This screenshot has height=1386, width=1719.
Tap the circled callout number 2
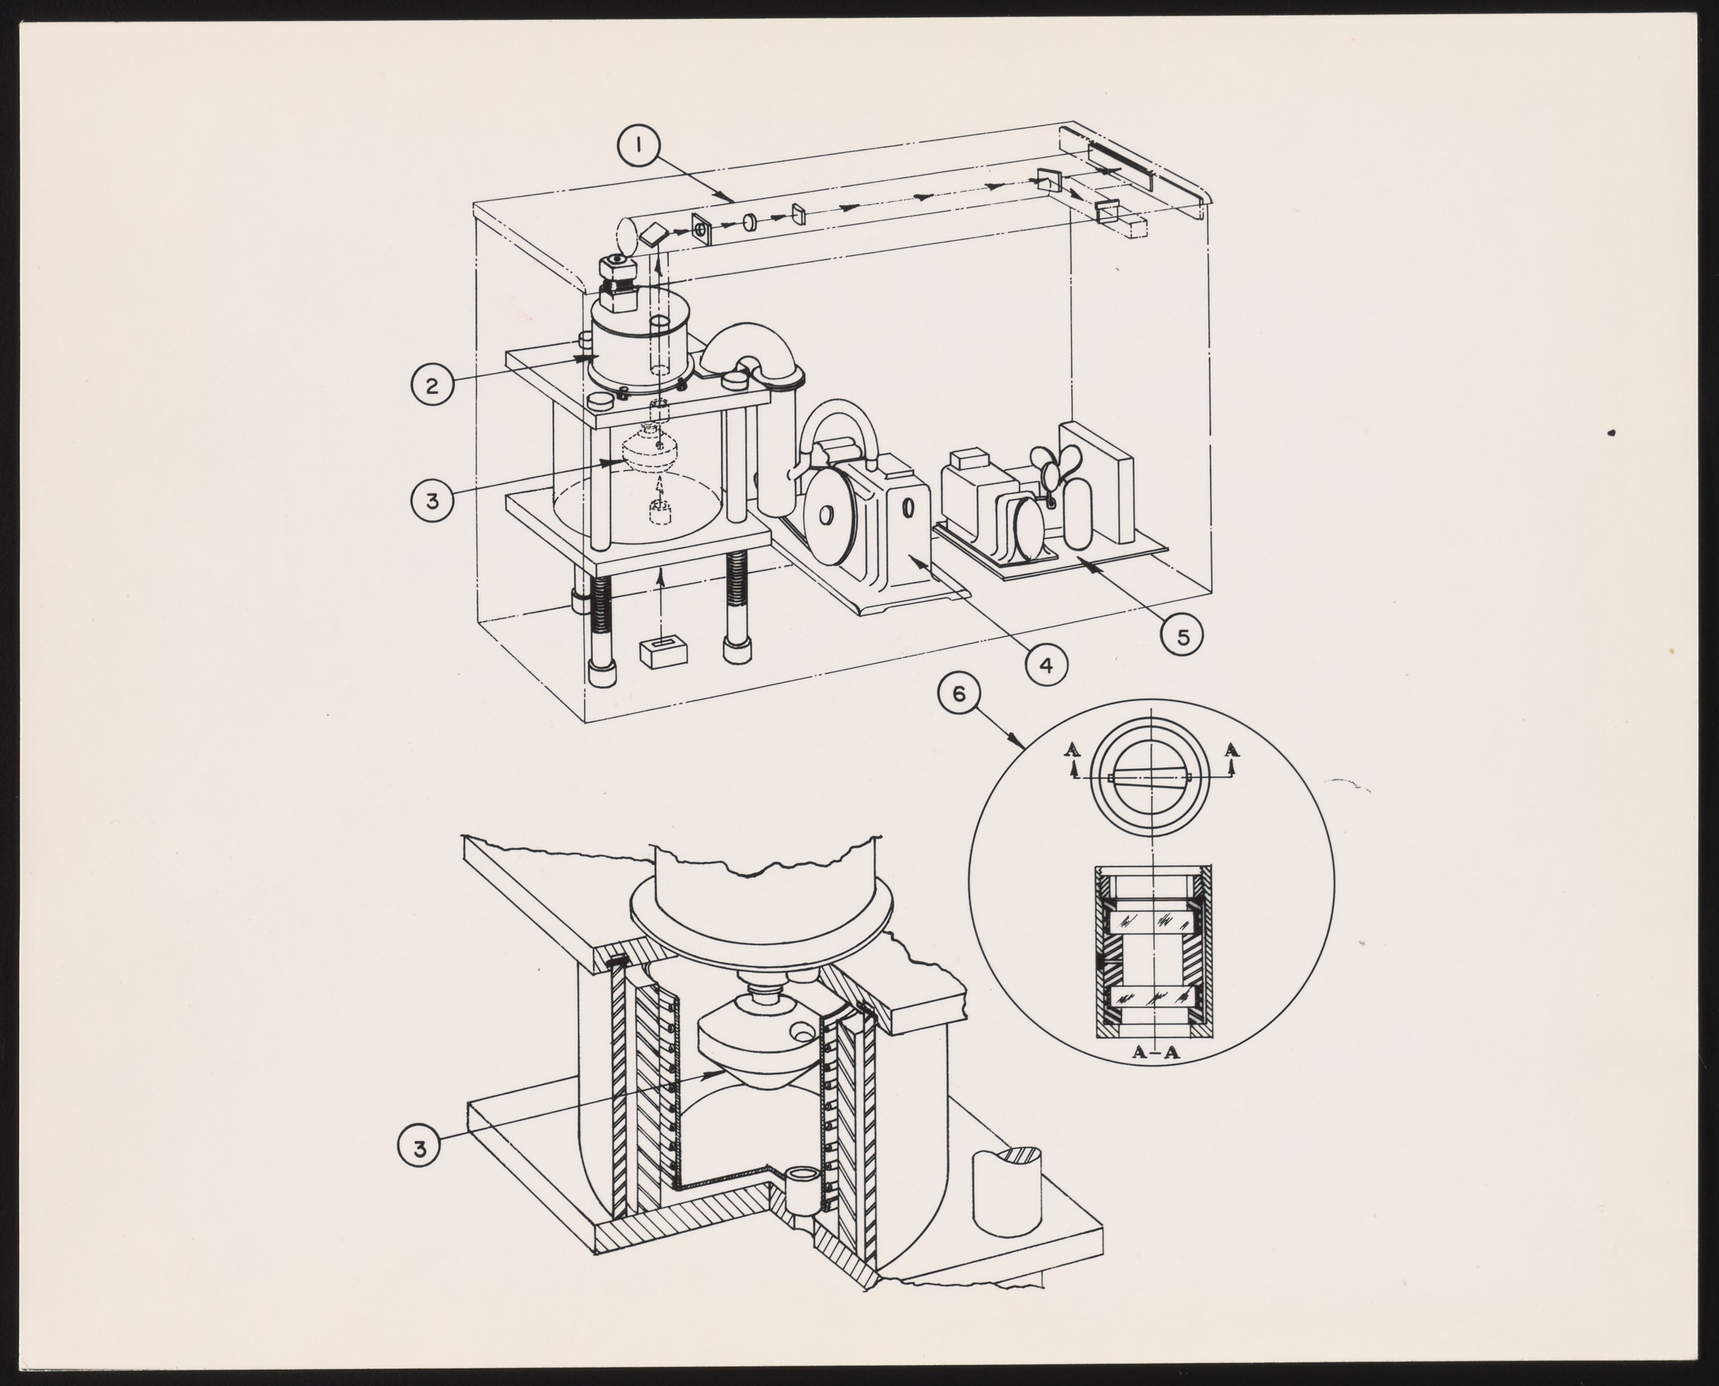(x=432, y=387)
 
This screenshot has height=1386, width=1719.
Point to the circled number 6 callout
(x=958, y=694)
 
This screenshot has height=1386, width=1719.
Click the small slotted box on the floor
(x=664, y=651)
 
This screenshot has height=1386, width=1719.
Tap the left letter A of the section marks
(x=1074, y=749)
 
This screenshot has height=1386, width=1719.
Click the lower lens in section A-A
(x=1152, y=998)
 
